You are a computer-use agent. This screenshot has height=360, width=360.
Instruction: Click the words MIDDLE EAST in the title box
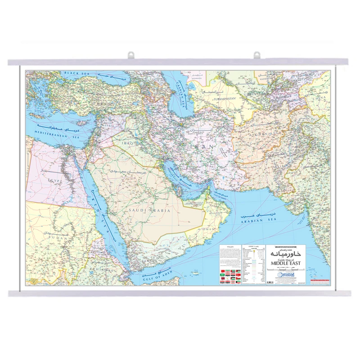tap(287, 264)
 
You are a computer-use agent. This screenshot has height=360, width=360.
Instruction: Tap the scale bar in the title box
tap(286, 269)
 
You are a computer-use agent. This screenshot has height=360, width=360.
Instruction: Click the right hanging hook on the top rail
tap(257, 55)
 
